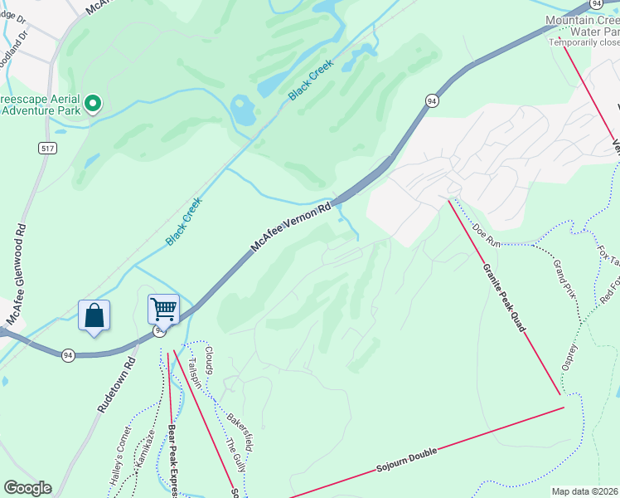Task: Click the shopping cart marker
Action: click(x=163, y=310)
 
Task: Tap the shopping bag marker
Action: click(x=94, y=316)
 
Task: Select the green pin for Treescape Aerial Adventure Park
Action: click(x=94, y=104)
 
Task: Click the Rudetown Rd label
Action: click(x=116, y=385)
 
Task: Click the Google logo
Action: click(x=27, y=488)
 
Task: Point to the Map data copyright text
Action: click(x=585, y=491)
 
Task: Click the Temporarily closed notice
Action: click(x=584, y=42)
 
